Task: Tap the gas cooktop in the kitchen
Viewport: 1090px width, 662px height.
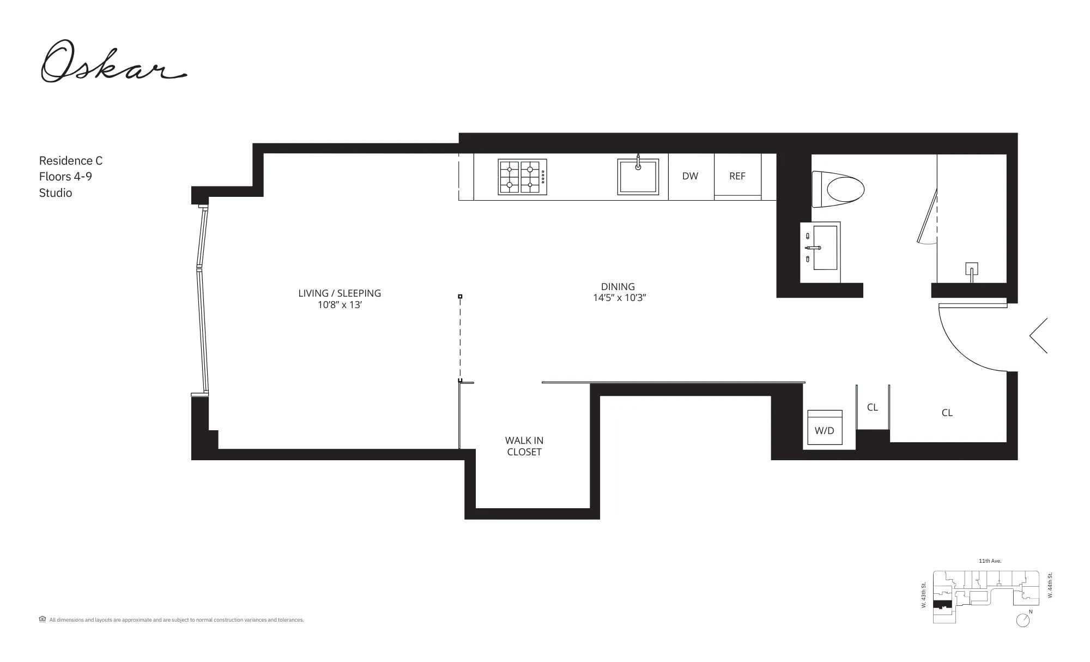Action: (522, 177)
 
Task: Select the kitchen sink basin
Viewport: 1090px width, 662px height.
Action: (638, 177)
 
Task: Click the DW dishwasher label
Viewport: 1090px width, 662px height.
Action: (690, 176)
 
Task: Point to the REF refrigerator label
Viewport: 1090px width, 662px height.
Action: (737, 176)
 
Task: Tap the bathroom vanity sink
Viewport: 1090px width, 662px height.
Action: (825, 248)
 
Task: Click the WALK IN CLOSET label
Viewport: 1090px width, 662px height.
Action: (524, 446)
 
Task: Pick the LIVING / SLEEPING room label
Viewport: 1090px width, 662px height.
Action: (340, 293)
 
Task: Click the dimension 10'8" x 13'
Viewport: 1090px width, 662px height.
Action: (340, 305)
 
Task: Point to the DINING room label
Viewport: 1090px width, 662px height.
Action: (617, 287)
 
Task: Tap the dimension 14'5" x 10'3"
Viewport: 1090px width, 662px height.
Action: (619, 298)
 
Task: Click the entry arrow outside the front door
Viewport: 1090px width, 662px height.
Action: (1038, 335)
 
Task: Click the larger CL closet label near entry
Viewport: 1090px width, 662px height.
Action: (947, 413)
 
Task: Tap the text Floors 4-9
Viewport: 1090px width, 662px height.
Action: (65, 177)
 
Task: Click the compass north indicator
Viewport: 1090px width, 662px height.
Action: (1023, 620)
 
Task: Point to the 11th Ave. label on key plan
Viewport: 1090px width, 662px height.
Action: (990, 561)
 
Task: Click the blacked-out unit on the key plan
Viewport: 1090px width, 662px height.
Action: (941, 604)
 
